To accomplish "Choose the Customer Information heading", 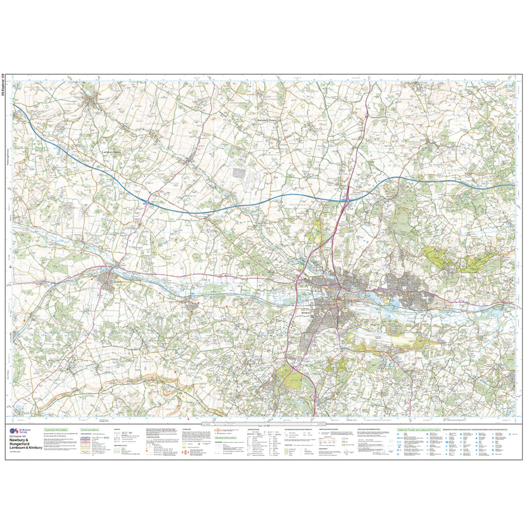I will (57, 430).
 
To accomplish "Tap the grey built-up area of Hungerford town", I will (109, 280).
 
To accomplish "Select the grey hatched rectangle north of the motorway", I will (239, 173).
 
